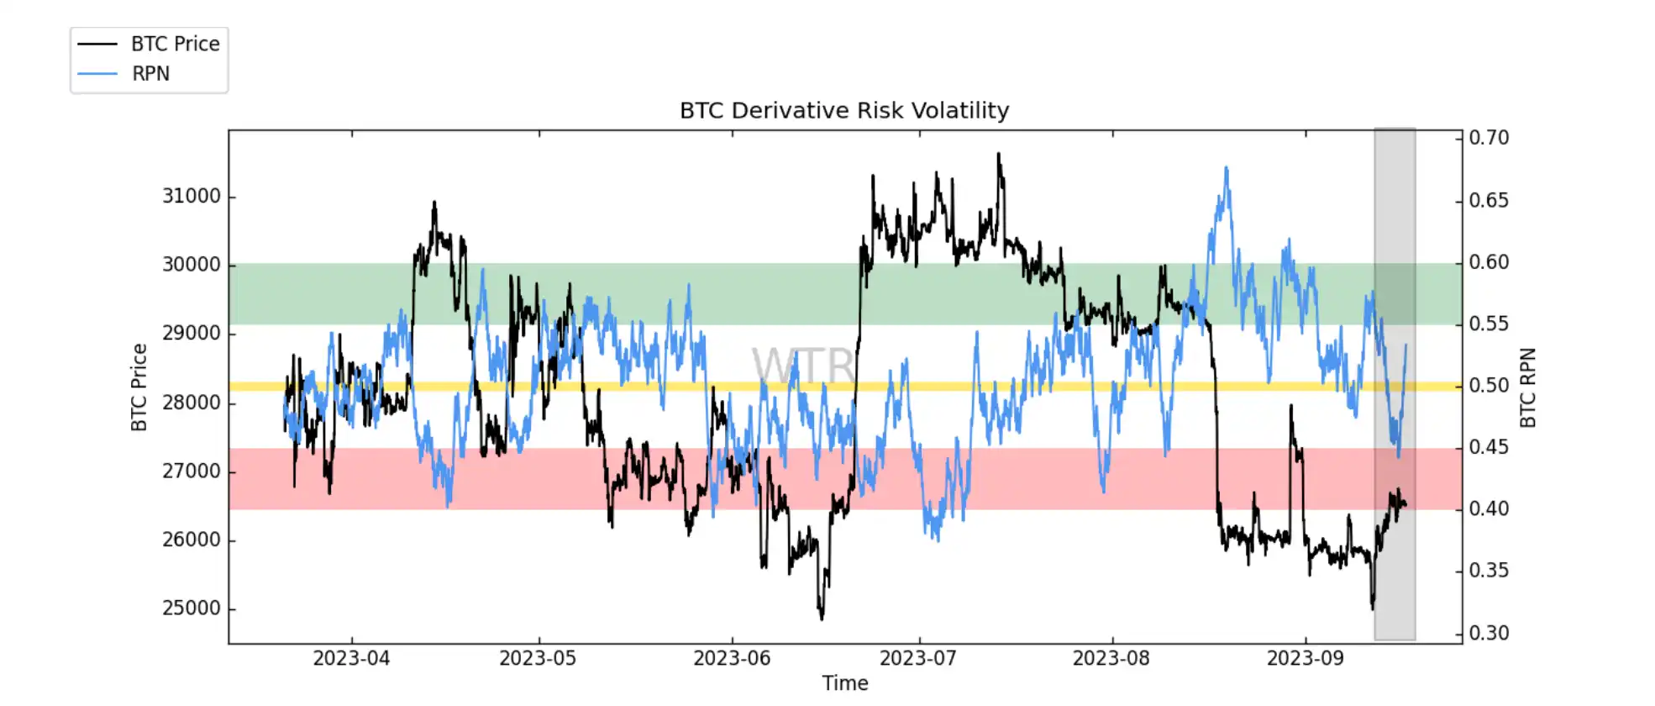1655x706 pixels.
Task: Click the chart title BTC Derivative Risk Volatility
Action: (843, 111)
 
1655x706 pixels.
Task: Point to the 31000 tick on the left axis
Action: (192, 197)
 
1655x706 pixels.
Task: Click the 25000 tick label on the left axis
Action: (192, 609)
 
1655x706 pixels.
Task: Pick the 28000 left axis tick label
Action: (192, 403)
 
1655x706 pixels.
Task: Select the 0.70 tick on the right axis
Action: (1489, 138)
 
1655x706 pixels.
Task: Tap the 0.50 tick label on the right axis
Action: (1489, 386)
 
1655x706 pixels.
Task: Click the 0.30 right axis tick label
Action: (1489, 633)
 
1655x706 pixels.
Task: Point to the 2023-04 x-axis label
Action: (351, 658)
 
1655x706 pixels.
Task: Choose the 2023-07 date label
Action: (917, 658)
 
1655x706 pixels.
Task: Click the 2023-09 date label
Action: (1305, 658)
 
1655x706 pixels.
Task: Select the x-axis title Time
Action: (844, 683)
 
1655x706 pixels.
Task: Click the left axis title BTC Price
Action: (139, 387)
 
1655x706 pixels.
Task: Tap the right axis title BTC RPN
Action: (1528, 387)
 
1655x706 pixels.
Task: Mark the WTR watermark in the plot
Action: (803, 366)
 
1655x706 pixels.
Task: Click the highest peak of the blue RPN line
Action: (1227, 168)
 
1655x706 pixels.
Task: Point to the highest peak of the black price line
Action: (998, 154)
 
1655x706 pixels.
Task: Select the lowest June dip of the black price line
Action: (822, 619)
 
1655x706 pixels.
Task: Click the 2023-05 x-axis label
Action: (538, 658)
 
